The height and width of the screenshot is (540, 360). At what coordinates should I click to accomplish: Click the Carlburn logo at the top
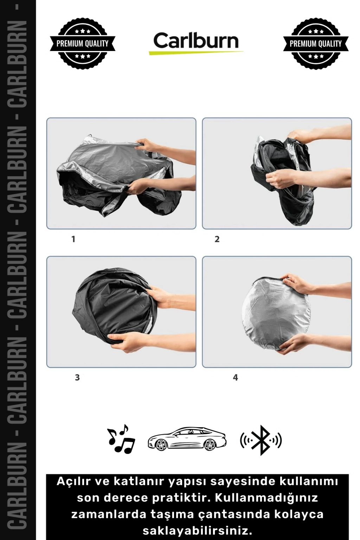coord(196,43)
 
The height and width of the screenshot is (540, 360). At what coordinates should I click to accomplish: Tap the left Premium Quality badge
coord(83,43)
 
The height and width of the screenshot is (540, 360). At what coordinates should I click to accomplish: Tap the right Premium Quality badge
coord(316,43)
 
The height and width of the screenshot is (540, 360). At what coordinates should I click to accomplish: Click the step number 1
coord(73,239)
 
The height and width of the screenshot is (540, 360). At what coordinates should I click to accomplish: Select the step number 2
coord(217,239)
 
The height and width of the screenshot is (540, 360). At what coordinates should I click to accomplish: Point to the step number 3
coord(77,378)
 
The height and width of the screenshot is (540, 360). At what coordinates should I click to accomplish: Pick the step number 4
coord(236,378)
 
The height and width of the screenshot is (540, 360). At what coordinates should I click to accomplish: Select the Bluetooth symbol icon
coord(261,440)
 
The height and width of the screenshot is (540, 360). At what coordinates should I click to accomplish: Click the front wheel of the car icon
coord(161,444)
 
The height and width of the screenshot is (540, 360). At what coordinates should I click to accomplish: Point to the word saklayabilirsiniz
coord(197,530)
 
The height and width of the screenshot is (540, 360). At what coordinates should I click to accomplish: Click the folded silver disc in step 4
coord(276,313)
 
